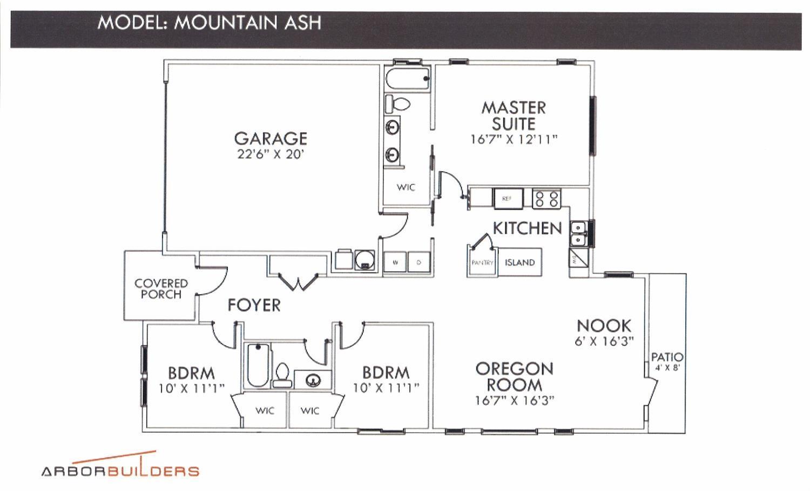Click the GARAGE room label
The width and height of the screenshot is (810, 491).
tap(271, 138)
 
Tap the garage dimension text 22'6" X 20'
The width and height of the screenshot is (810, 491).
tap(271, 154)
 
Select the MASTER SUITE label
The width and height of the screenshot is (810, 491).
tap(514, 115)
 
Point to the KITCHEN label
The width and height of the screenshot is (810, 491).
tap(527, 228)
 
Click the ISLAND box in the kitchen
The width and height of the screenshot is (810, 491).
tap(519, 263)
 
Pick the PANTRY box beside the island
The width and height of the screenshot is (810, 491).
tap(482, 263)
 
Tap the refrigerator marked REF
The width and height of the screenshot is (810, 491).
tap(508, 199)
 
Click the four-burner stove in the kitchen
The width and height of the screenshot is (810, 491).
tap(546, 199)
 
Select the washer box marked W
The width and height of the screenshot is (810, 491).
tap(395, 262)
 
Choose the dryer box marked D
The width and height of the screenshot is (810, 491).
tap(419, 262)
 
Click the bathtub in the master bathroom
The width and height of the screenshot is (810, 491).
tap(408, 79)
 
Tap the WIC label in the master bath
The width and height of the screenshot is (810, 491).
tap(406, 187)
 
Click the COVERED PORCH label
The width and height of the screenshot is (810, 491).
tap(161, 289)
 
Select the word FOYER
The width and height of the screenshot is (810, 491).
tap(254, 305)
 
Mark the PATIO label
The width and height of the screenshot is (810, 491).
tap(667, 357)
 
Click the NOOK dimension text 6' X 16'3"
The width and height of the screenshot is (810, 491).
tap(604, 342)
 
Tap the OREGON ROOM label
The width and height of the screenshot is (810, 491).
tap(514, 377)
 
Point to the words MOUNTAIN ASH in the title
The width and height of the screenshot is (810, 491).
tap(247, 23)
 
